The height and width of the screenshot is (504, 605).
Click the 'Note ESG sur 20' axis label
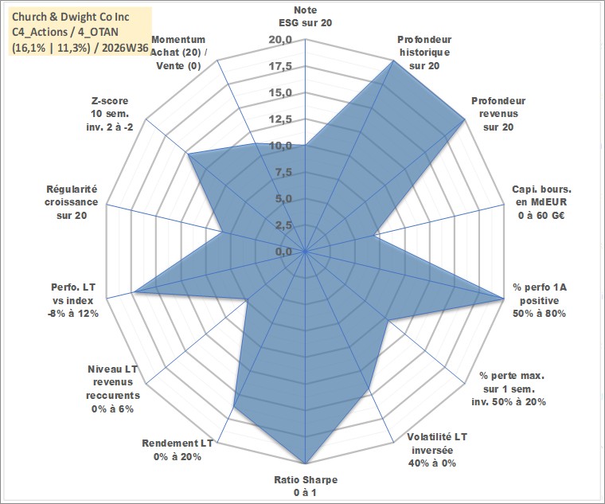pos(305,16)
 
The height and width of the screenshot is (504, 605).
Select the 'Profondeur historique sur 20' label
pos(424,53)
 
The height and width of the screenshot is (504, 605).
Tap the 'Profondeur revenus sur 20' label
pos(498,114)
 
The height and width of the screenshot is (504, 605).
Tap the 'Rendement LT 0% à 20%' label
pos(177,450)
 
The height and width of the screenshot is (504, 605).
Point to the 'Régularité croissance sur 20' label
pos(72,202)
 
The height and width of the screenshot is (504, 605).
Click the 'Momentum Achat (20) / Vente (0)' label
pos(178,53)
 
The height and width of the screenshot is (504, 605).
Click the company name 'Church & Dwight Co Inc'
pos(71,17)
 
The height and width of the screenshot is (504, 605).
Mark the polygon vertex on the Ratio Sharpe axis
pos(305,463)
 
